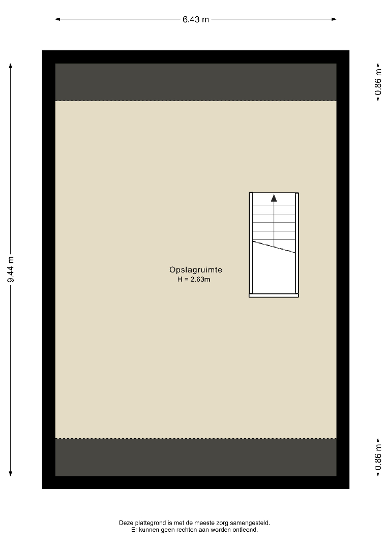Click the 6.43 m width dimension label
point(195,19)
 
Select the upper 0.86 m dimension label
point(378,82)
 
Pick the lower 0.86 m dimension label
point(378,457)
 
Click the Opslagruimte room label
point(196,269)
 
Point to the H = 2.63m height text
point(194,280)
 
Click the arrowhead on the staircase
point(274,198)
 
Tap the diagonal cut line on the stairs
point(274,247)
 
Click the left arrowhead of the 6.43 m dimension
point(58,19)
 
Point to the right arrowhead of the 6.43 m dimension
point(334,19)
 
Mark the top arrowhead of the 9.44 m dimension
point(11,66)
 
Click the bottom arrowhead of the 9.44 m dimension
point(11,473)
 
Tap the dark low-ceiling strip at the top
point(196,82)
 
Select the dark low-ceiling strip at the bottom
point(196,457)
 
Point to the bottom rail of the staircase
point(274,295)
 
